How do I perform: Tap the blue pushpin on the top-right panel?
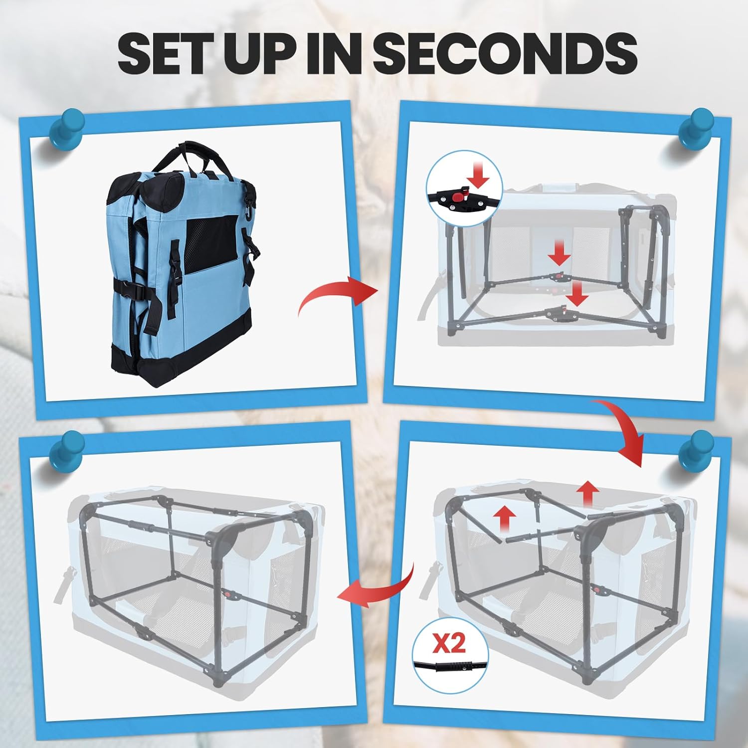696,132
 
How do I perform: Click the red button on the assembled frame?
229,594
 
